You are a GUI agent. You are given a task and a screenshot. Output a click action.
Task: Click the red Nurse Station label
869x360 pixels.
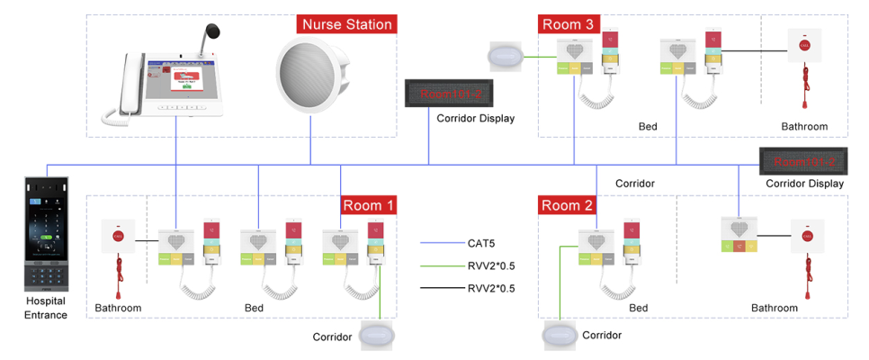(347, 24)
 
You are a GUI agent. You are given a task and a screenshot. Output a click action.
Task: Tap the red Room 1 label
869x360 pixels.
(368, 205)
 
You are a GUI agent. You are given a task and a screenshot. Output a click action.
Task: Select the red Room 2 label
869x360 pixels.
(568, 205)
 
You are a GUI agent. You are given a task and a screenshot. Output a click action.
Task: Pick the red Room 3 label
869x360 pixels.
(568, 24)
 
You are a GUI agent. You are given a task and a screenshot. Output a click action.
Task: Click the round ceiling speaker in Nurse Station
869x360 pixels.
(311, 69)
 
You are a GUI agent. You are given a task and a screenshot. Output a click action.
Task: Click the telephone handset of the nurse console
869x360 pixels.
(124, 85)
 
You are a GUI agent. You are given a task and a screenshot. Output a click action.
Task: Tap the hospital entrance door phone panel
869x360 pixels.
(46, 231)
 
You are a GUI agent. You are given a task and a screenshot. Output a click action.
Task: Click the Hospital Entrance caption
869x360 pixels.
(46, 308)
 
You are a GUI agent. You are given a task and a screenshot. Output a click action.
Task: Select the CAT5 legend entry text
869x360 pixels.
(482, 242)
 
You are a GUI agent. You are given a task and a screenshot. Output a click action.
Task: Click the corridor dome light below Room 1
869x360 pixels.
(378, 337)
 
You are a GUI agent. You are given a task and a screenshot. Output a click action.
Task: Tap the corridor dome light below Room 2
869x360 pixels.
(559, 336)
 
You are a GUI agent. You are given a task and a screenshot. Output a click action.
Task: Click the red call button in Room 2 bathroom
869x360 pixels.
(800, 237)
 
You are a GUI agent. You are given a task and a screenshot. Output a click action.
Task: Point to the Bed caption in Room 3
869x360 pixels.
(648, 127)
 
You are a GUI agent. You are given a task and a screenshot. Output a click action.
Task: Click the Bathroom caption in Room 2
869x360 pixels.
(775, 308)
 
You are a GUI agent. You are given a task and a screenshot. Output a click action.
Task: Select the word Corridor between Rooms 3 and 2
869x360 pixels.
(634, 183)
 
